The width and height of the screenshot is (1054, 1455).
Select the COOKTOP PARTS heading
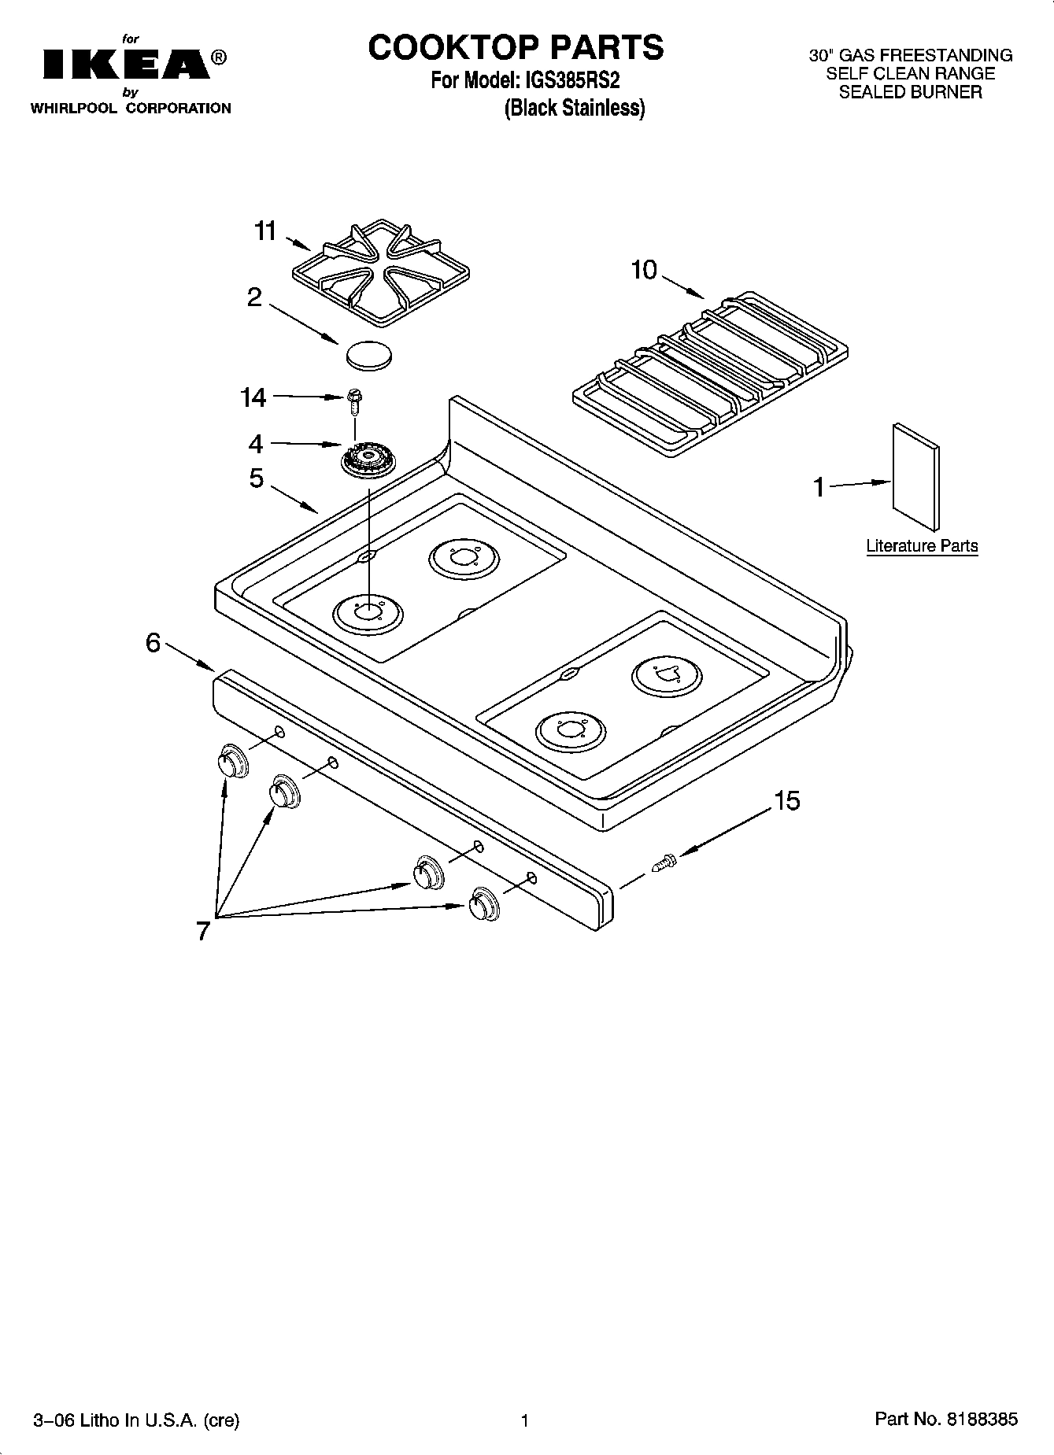pos(516,47)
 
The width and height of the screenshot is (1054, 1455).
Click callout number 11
pos(265,231)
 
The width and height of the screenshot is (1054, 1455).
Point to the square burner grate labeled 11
pos(381,271)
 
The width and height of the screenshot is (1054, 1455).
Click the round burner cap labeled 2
pos(368,354)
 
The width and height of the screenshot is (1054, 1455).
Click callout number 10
pos(643,270)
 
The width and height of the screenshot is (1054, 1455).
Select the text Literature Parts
pos(922,546)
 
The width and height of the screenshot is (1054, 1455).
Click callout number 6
pos(153,643)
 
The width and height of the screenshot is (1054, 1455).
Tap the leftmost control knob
pos(231,762)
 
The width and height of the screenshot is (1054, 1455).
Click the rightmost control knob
pos(484,905)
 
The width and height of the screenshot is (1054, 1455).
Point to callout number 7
pos(203,932)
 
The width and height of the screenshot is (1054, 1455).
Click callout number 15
pos(786,801)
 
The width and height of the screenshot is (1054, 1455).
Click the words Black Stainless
pos(574,108)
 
